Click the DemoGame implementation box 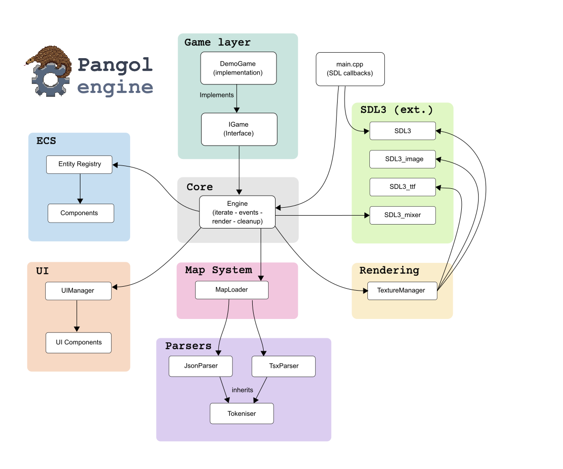point(238,68)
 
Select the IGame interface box point(239,129)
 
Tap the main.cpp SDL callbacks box point(350,69)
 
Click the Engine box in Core point(237,212)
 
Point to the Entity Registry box point(79,164)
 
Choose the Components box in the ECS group point(81,213)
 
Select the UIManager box point(78,291)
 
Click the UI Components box point(78,343)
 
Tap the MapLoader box point(232,290)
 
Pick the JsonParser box point(201,366)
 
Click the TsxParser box point(283,366)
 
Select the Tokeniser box point(242,413)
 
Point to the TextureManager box point(402,291)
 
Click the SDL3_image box point(403,159)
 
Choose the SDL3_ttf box point(403,187)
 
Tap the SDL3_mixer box point(403,215)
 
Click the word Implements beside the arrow point(216,95)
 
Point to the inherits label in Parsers point(242,390)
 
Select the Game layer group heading point(217,42)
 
